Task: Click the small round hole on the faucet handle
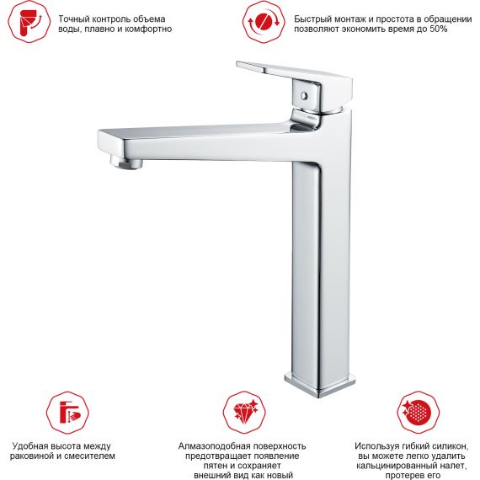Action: click(304, 96)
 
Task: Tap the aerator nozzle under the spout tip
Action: click(126, 162)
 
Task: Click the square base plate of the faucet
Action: click(320, 385)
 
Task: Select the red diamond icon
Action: click(244, 412)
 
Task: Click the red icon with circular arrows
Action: click(264, 22)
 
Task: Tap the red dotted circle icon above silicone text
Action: click(419, 412)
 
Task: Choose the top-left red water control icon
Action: click(29, 22)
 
